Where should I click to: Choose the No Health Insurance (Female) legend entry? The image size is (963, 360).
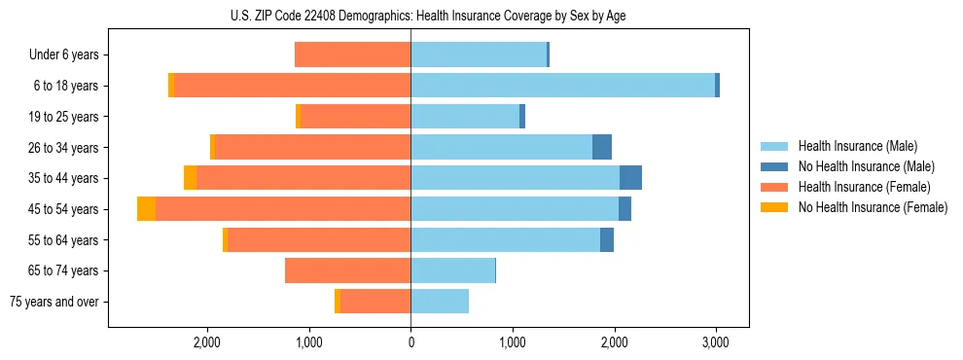[873, 207]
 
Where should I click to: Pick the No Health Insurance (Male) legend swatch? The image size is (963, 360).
[774, 166]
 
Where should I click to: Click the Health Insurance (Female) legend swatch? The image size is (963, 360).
[774, 187]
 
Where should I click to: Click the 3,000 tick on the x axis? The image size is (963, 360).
[716, 342]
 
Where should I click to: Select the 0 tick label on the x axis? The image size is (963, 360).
[410, 342]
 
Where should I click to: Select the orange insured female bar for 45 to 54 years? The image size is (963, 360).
[282, 209]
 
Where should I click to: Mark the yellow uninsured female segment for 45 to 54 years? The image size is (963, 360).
[146, 209]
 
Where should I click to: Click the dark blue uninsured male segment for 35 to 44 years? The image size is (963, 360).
[630, 178]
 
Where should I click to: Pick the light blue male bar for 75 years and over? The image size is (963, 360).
[440, 302]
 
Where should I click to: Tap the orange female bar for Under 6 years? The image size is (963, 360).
[352, 54]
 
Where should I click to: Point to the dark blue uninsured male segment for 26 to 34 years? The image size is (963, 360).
[602, 147]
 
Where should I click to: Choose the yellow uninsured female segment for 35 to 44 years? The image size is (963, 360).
[190, 178]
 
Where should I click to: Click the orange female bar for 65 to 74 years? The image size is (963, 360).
[347, 270]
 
